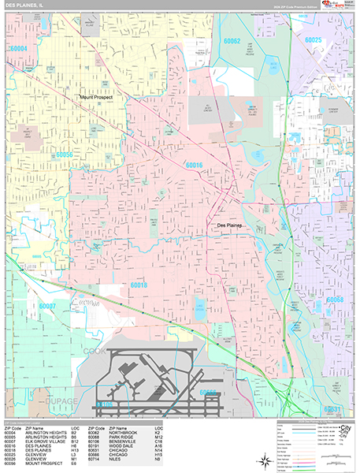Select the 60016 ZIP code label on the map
point(194,165)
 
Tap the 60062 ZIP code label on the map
point(231,41)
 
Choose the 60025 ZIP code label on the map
point(313,39)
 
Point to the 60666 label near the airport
point(210,392)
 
